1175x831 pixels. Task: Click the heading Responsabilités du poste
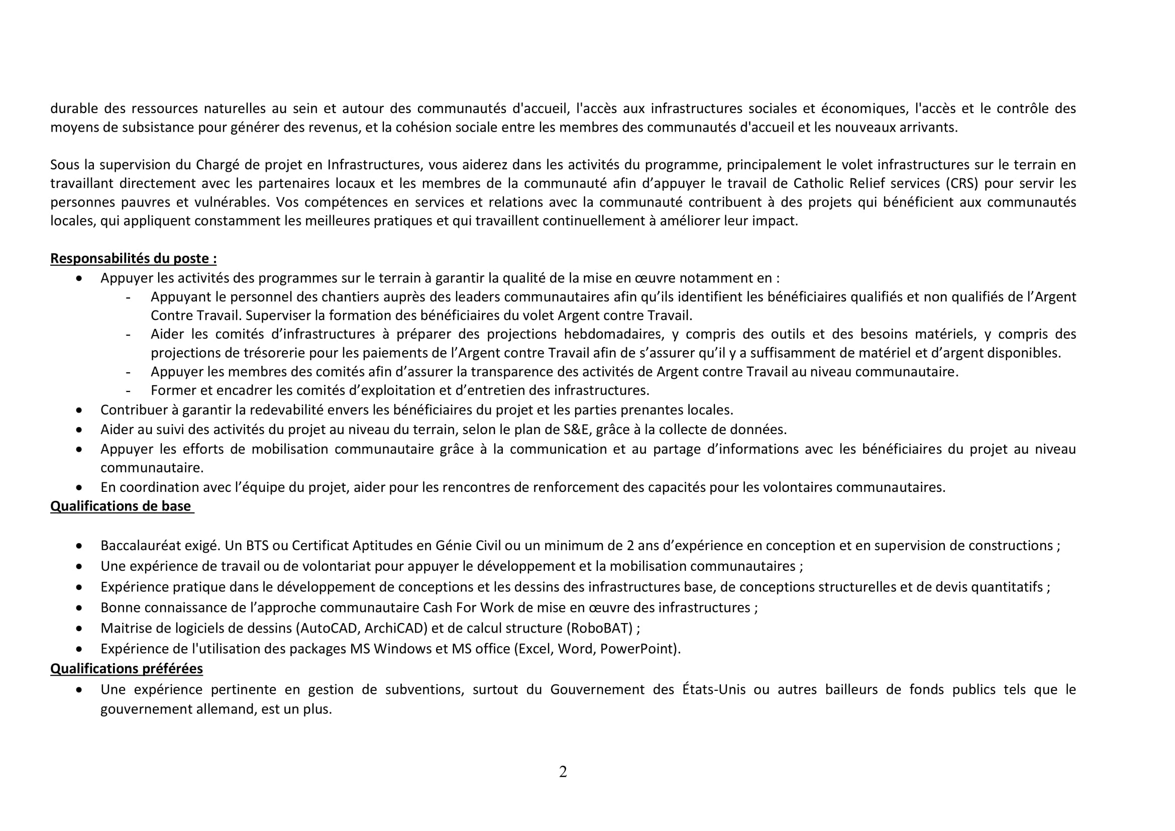pyautogui.click(x=133, y=258)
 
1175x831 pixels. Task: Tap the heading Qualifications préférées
pyautogui.click(x=127, y=669)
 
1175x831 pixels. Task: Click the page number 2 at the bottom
pyautogui.click(x=563, y=772)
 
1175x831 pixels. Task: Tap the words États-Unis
pyautogui.click(x=713, y=690)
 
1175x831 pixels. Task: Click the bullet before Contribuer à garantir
pyautogui.click(x=79, y=410)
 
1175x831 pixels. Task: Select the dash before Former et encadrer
pyautogui.click(x=128, y=391)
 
